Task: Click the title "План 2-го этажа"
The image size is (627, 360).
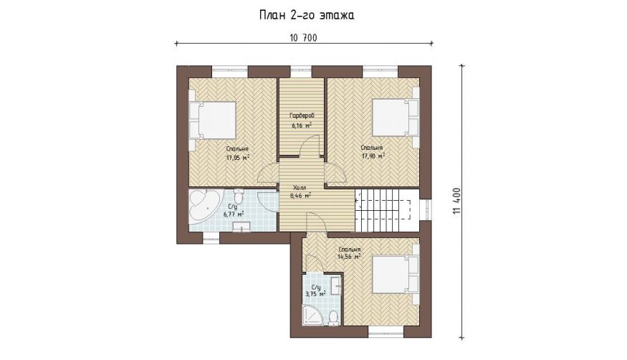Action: [x=307, y=15]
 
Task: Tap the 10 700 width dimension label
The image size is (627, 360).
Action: [x=304, y=38]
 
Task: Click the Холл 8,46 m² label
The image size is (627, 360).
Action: [x=300, y=191]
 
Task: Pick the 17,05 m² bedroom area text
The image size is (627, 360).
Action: [x=238, y=158]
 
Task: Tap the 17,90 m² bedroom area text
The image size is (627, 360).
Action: [x=373, y=156]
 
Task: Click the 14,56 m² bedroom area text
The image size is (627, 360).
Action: [x=350, y=257]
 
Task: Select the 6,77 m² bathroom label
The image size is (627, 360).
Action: [x=234, y=214]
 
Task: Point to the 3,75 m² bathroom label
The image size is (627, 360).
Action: [x=315, y=294]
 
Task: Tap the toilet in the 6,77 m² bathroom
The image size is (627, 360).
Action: [x=239, y=196]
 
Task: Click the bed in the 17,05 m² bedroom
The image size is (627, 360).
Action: [x=212, y=120]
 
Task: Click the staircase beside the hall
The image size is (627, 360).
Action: [x=387, y=210]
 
